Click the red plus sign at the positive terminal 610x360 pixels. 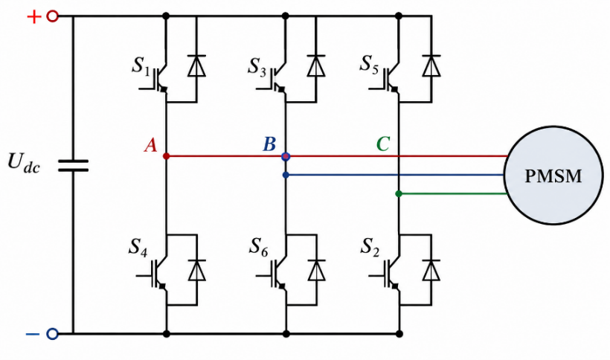[x=33, y=16]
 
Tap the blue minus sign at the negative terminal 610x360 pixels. [x=33, y=334]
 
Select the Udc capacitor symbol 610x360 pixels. [x=73, y=165]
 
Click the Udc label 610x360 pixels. [x=24, y=162]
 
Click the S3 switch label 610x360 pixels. [x=257, y=66]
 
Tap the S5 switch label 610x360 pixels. [x=369, y=64]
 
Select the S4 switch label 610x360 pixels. [x=138, y=247]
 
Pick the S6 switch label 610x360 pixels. [x=259, y=247]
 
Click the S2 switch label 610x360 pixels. [x=370, y=247]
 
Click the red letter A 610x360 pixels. [x=150, y=145]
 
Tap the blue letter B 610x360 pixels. [x=269, y=144]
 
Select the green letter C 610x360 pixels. [x=383, y=144]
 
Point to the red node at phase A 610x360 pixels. [x=166, y=156]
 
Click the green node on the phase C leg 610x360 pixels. [x=399, y=193]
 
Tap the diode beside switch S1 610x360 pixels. [x=196, y=65]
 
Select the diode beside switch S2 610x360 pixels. [x=431, y=270]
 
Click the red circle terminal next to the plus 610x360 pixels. [x=53, y=16]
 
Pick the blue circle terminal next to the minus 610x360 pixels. [x=52, y=334]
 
